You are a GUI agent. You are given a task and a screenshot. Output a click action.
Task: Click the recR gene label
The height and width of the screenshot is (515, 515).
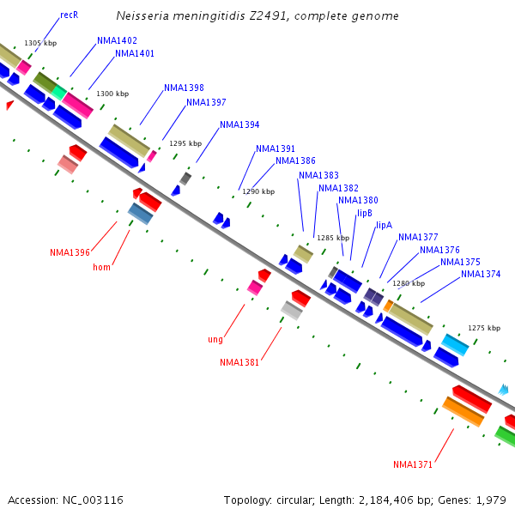[x=70, y=15]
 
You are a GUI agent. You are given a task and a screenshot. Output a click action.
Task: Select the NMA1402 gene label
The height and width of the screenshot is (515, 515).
[x=117, y=40]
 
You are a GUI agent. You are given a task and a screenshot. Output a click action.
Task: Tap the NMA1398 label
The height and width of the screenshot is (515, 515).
[x=184, y=88]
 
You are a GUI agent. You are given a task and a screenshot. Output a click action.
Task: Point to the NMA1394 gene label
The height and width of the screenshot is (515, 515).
[x=239, y=124]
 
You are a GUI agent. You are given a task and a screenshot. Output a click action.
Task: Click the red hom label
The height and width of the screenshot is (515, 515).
[x=101, y=267]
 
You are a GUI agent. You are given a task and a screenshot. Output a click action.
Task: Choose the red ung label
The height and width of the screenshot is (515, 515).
[x=215, y=340]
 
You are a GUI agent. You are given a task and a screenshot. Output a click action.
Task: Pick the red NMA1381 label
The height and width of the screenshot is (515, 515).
[x=239, y=362]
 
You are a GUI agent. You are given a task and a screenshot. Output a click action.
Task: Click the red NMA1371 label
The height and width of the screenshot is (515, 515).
[x=413, y=464]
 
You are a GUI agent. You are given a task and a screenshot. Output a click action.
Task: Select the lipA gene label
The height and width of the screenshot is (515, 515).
[x=384, y=225]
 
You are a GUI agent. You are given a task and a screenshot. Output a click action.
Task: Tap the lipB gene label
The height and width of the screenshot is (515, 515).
[x=365, y=214]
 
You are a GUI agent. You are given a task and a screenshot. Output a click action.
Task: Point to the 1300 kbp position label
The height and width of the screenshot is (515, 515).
[x=112, y=94]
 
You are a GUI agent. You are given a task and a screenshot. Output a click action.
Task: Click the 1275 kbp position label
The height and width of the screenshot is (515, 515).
[x=484, y=328]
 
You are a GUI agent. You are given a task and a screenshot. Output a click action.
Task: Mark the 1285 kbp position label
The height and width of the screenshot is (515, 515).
[x=333, y=238]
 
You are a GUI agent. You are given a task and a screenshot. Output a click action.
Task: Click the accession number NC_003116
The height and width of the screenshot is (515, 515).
[x=93, y=500]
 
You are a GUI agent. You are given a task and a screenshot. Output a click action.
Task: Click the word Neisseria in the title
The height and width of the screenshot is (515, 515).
[x=142, y=15]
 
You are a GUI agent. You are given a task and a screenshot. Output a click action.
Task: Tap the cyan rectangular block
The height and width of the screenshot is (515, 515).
[x=455, y=345]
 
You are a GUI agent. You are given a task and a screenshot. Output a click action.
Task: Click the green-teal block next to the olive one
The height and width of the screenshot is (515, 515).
[x=59, y=93]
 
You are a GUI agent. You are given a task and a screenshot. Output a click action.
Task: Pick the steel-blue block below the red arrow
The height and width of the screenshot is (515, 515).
[x=140, y=214]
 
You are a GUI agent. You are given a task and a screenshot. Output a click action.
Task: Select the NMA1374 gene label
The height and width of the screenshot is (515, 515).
[x=481, y=275]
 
